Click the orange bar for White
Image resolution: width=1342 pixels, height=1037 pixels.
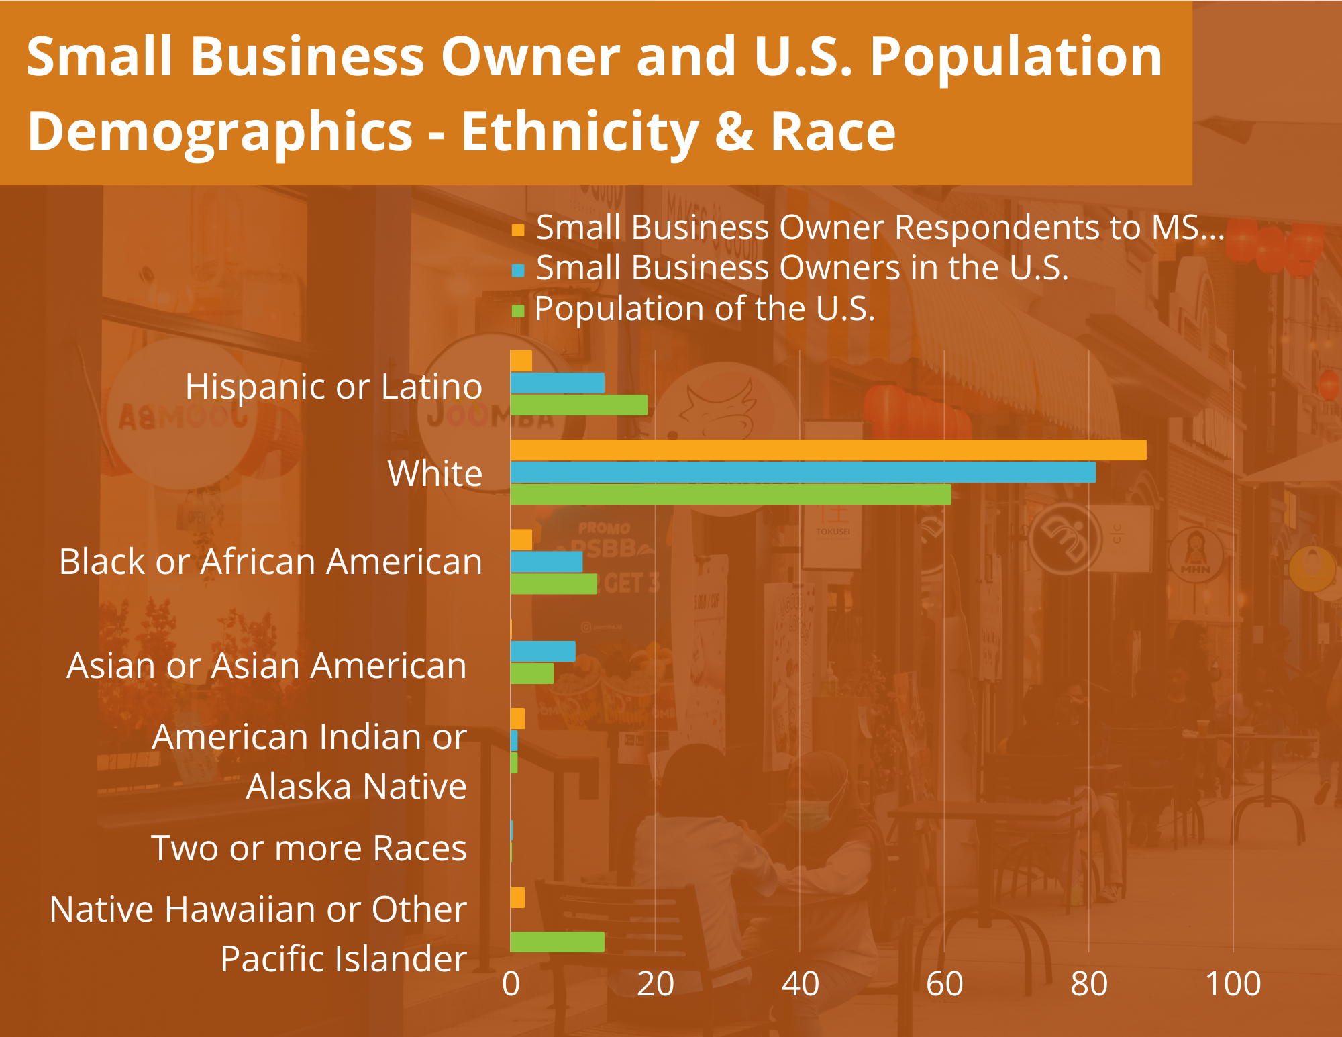[x=828, y=450]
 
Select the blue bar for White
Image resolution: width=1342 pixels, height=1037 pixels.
[x=803, y=473]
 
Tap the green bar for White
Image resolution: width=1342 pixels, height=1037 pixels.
[x=731, y=495]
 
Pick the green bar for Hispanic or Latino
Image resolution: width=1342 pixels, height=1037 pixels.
[x=579, y=405]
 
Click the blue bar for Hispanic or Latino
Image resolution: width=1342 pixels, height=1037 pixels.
[x=558, y=383]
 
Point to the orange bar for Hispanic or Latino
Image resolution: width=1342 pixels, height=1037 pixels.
[x=521, y=361]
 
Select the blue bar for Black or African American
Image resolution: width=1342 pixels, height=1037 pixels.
[x=546, y=562]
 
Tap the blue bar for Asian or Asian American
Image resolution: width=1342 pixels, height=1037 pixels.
[x=543, y=652]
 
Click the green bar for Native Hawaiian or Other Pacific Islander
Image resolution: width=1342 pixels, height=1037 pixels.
[x=558, y=942]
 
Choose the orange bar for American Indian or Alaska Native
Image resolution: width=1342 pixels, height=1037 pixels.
[x=517, y=719]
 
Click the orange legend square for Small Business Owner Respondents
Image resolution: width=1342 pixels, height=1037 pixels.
[x=518, y=230]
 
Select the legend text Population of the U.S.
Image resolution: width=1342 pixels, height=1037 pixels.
[x=705, y=309]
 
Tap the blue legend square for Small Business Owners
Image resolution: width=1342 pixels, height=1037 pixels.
[x=518, y=270]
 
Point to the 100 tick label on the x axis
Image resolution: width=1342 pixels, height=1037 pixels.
[x=1233, y=985]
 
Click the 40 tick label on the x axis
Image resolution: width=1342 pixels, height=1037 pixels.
[x=800, y=985]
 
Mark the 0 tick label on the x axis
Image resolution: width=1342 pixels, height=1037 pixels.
[x=511, y=985]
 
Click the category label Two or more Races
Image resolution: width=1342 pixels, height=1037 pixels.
[x=309, y=848]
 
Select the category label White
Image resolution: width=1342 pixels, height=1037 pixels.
[x=435, y=474]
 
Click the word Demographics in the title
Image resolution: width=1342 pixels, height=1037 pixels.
[x=220, y=132]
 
